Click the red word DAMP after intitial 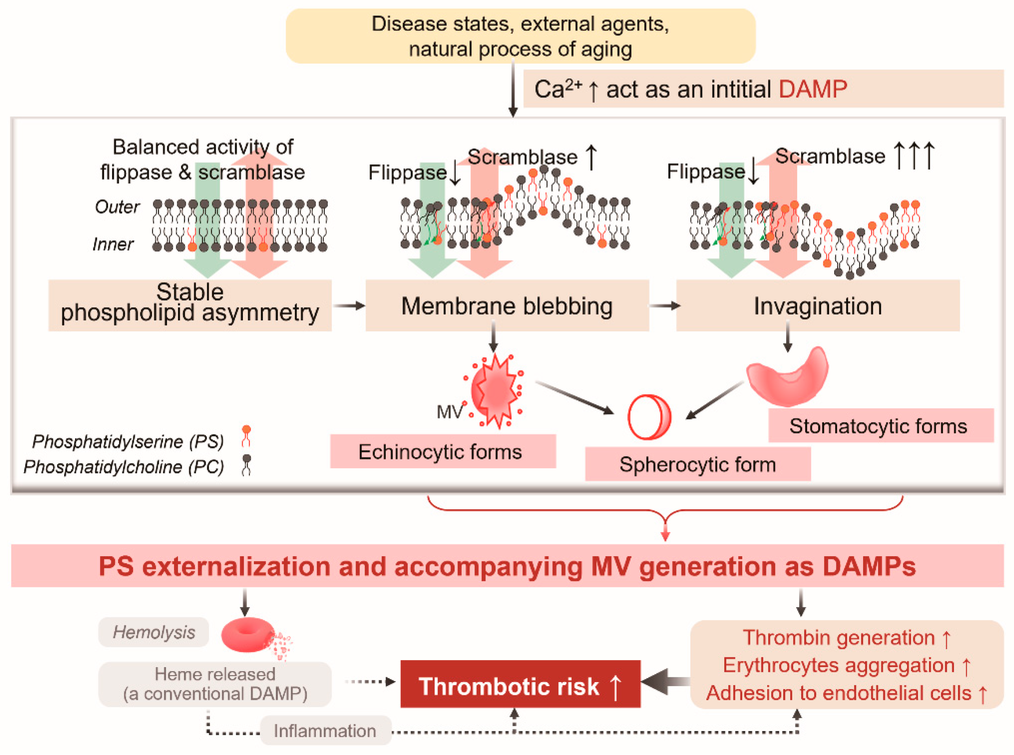[813, 89]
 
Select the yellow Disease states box [520, 36]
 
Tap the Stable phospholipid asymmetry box [190, 305]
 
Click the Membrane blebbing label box [507, 306]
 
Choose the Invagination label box [817, 306]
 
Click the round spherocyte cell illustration [649, 417]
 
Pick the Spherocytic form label [697, 464]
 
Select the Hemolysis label [153, 632]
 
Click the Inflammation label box [325, 730]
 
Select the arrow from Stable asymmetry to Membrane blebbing [348, 305]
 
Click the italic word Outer [117, 207]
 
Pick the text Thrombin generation [839, 637]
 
